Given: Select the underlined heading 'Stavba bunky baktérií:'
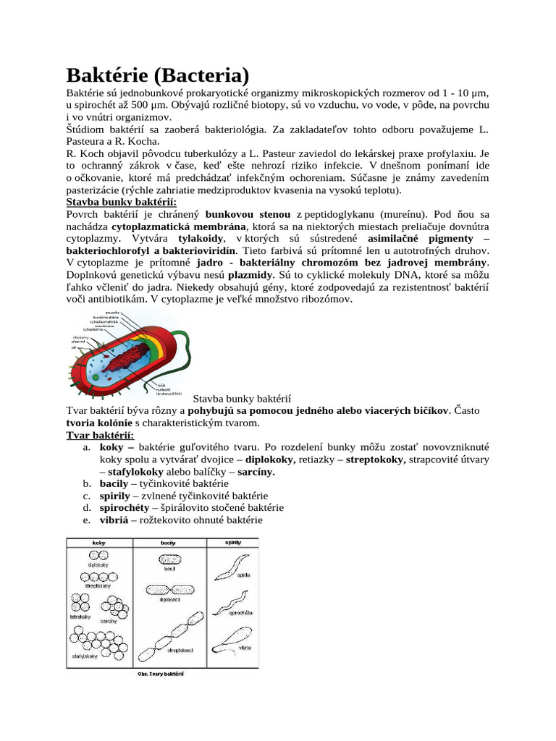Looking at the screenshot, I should (121, 202).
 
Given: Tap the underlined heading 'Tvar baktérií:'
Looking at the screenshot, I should (100, 435).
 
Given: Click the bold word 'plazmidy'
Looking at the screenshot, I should (250, 275).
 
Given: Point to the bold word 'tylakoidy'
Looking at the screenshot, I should (201, 238).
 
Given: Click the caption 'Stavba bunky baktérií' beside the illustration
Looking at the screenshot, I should (241, 398).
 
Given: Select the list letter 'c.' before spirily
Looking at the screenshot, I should (86, 496).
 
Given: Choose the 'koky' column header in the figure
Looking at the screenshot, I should (99, 542).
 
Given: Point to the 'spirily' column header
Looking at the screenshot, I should (232, 542).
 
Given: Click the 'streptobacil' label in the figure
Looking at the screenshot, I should (180, 651).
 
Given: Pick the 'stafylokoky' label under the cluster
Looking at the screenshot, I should (86, 656).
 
